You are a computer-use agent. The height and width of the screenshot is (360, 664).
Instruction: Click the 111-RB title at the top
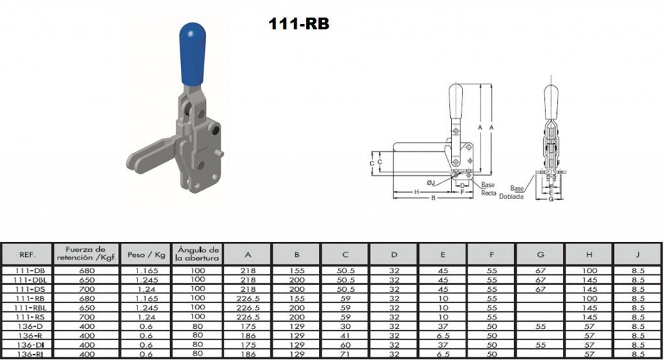click(299, 24)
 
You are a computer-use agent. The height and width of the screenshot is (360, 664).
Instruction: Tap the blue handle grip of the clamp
click(192, 54)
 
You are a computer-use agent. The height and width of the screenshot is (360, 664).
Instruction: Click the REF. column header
click(27, 254)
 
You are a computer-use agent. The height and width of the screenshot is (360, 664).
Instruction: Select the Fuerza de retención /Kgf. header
click(86, 253)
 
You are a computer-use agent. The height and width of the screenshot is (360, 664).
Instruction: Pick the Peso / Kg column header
click(146, 254)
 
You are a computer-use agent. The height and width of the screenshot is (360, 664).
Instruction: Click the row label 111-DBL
click(30, 280)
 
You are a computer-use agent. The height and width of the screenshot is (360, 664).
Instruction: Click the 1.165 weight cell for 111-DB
click(147, 270)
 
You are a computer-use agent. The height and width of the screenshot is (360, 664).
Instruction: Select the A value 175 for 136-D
click(248, 326)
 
